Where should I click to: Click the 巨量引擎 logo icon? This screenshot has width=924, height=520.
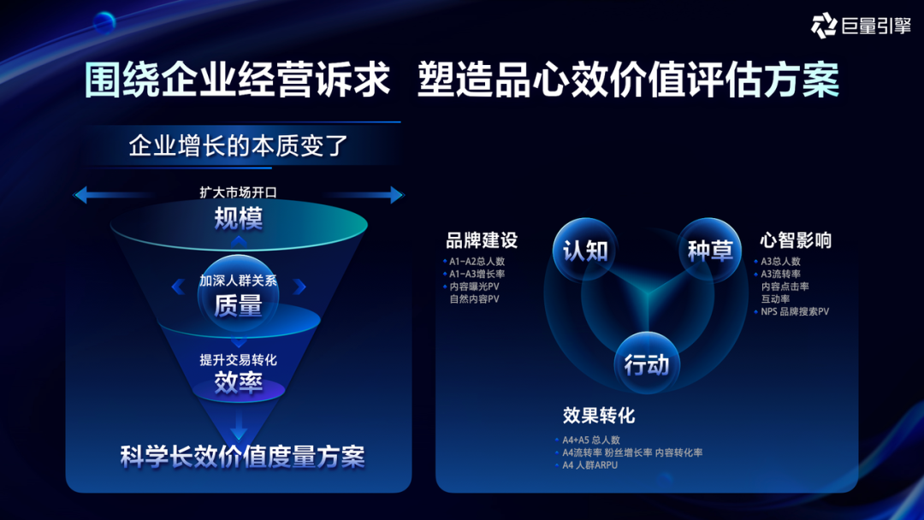pyautogui.click(x=824, y=26)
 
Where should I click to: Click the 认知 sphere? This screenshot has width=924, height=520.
pyautogui.click(x=584, y=250)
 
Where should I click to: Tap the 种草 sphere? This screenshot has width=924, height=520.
pyautogui.click(x=709, y=250)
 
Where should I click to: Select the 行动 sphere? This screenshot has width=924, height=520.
pyautogui.click(x=647, y=363)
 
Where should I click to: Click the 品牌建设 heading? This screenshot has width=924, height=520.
pyautogui.click(x=482, y=240)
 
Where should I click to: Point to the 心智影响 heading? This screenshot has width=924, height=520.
pyautogui.click(x=796, y=240)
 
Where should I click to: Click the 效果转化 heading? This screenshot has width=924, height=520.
pyautogui.click(x=599, y=415)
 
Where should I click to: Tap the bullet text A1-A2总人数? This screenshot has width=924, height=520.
pyautogui.click(x=477, y=262)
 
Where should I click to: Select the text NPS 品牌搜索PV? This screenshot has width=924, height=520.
pyautogui.click(x=794, y=311)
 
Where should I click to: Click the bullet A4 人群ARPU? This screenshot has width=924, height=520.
pyautogui.click(x=589, y=465)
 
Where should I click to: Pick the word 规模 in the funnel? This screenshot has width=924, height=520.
pyautogui.click(x=238, y=218)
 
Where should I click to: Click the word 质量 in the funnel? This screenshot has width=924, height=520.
pyautogui.click(x=238, y=305)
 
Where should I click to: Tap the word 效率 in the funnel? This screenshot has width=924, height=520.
pyautogui.click(x=238, y=383)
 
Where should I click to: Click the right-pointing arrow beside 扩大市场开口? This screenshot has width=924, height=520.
pyautogui.click(x=364, y=194)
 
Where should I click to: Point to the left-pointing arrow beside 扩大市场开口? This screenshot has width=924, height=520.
pyautogui.click(x=112, y=194)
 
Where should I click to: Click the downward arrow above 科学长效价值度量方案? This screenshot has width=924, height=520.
pyautogui.click(x=239, y=425)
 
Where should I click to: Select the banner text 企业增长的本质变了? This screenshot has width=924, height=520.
pyautogui.click(x=238, y=145)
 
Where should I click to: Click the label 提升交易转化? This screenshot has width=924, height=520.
pyautogui.click(x=238, y=360)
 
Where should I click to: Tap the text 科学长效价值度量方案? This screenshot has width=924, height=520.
pyautogui.click(x=243, y=457)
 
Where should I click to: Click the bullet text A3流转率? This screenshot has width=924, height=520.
pyautogui.click(x=780, y=274)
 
